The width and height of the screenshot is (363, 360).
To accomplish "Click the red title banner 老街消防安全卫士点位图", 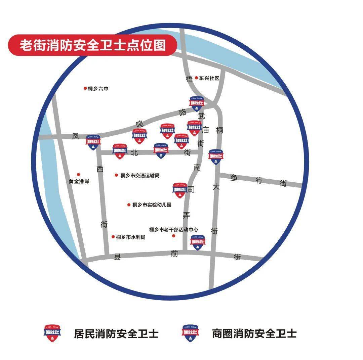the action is pos(92,45).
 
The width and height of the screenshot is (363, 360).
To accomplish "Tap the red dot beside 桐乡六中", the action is pos(85,88).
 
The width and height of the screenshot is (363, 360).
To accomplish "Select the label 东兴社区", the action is pos(209,78).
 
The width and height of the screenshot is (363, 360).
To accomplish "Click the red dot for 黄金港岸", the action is pos(79,174).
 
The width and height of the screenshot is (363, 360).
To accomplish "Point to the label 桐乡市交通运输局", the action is pos(139,175).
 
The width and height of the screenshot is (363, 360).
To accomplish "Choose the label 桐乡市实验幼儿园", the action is pos(152,205).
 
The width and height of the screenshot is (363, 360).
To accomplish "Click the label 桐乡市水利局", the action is pos(131,237).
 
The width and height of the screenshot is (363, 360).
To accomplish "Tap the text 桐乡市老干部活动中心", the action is pos(173,229).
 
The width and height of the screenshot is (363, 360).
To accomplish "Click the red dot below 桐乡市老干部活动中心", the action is pos(174,236).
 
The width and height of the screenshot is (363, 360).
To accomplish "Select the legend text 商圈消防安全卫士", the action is pos(254,333).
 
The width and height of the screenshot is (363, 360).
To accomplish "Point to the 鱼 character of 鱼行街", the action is pos(234,178).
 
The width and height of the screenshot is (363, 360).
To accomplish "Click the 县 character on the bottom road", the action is pos(117,257).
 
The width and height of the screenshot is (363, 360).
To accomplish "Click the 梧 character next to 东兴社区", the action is pos(190,79).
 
